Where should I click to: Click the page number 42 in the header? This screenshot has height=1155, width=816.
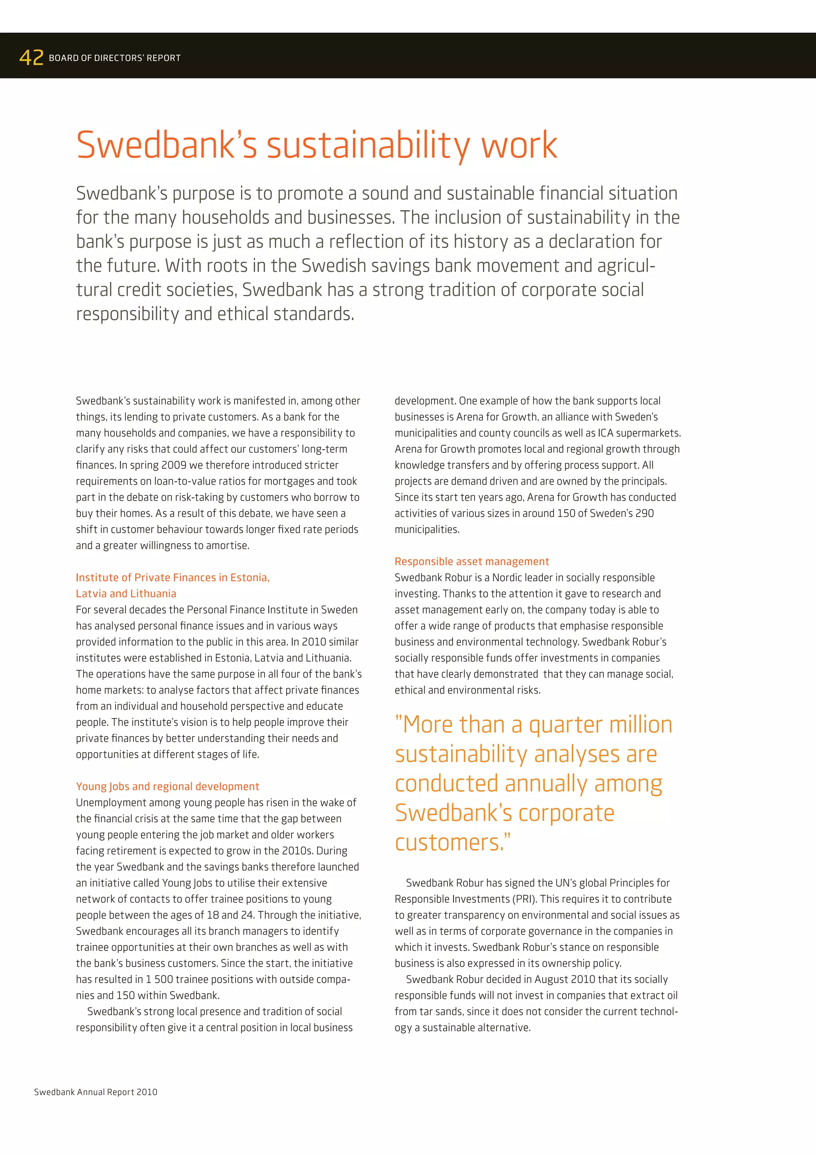coord(31,58)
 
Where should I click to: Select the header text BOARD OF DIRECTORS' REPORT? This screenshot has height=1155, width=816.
coord(115,58)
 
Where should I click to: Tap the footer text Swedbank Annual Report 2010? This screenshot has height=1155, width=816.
coord(96,1092)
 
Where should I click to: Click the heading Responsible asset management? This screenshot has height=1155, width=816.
coord(472,562)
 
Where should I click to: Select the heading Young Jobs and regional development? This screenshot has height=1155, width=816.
coord(167,786)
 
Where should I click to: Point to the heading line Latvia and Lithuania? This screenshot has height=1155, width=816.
coord(126,593)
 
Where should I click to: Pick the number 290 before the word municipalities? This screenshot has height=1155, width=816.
coord(644,513)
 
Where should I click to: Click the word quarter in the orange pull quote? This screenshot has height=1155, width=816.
coord(565,725)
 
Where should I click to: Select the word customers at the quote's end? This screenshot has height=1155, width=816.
coord(450,843)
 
